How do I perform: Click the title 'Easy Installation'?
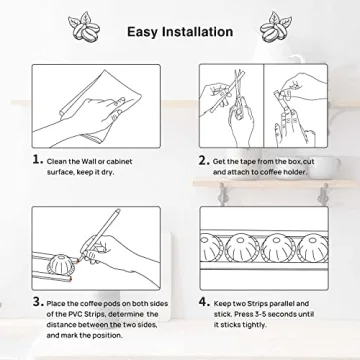point(180,32)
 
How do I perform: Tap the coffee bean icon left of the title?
point(84,27)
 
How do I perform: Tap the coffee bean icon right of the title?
point(276,27)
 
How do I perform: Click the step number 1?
point(38,160)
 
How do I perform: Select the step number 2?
point(204,160)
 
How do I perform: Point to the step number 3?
point(38,302)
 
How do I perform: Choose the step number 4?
point(204,302)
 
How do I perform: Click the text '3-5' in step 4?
point(259,314)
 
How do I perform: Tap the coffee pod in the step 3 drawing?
point(61,266)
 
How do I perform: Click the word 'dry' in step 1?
point(108,173)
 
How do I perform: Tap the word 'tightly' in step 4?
point(254,325)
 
